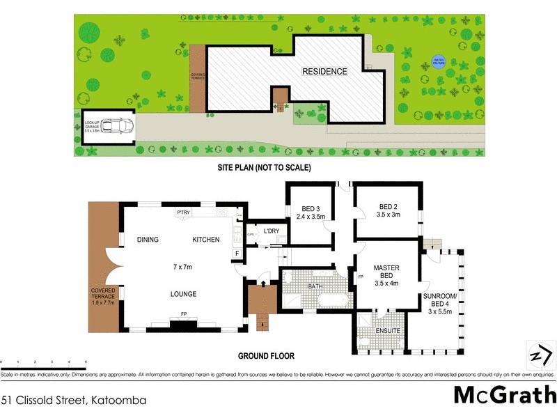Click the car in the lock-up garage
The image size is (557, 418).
pyautogui.click(x=116, y=127)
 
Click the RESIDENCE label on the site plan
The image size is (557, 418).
pyautogui.click(x=324, y=71)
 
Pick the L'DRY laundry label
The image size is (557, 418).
pyautogui.click(x=272, y=231)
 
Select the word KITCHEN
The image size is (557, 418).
pyautogui.click(x=206, y=240)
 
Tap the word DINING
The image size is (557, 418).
pyautogui.click(x=148, y=240)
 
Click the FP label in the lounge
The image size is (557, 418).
pyautogui.click(x=184, y=315)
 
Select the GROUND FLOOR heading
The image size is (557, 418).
pyautogui.click(x=266, y=356)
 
